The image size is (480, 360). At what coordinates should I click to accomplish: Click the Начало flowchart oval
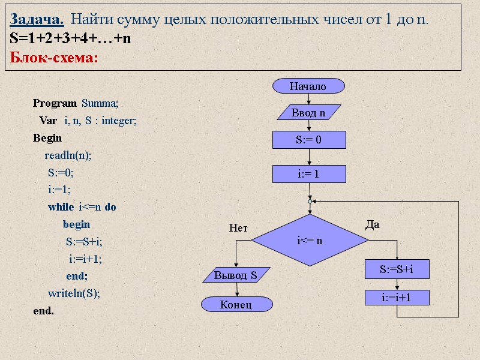coord(308,86)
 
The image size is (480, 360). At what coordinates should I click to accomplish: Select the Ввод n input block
coord(308,113)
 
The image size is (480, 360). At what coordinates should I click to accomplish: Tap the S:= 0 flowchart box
coord(309,140)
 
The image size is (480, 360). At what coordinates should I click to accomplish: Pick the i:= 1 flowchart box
coord(309,174)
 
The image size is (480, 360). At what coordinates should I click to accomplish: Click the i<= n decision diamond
coord(310,241)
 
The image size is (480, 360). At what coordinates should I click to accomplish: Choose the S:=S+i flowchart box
coord(397,270)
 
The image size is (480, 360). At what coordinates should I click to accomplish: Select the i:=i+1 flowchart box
coord(397,297)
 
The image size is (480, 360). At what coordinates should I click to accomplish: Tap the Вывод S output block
coord(236,275)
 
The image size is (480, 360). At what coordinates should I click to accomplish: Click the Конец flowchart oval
coord(236,305)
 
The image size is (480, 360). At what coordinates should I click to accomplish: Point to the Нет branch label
coord(238,228)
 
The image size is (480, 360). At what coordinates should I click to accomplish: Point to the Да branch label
coord(373,224)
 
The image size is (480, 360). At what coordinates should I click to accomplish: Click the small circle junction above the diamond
coord(310,202)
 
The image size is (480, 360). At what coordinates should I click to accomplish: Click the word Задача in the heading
coord(37,20)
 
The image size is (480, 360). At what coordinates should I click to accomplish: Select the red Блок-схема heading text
coord(54,59)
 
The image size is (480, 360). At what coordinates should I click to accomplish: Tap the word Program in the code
coord(55,103)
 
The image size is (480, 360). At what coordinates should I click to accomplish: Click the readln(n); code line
coord(68,155)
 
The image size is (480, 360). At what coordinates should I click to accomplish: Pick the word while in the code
coord(61,207)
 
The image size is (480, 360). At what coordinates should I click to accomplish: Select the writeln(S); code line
coord(74,293)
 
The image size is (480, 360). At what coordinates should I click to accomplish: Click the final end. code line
coord(43,311)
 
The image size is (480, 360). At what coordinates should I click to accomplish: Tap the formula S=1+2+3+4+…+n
coord(70,39)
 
